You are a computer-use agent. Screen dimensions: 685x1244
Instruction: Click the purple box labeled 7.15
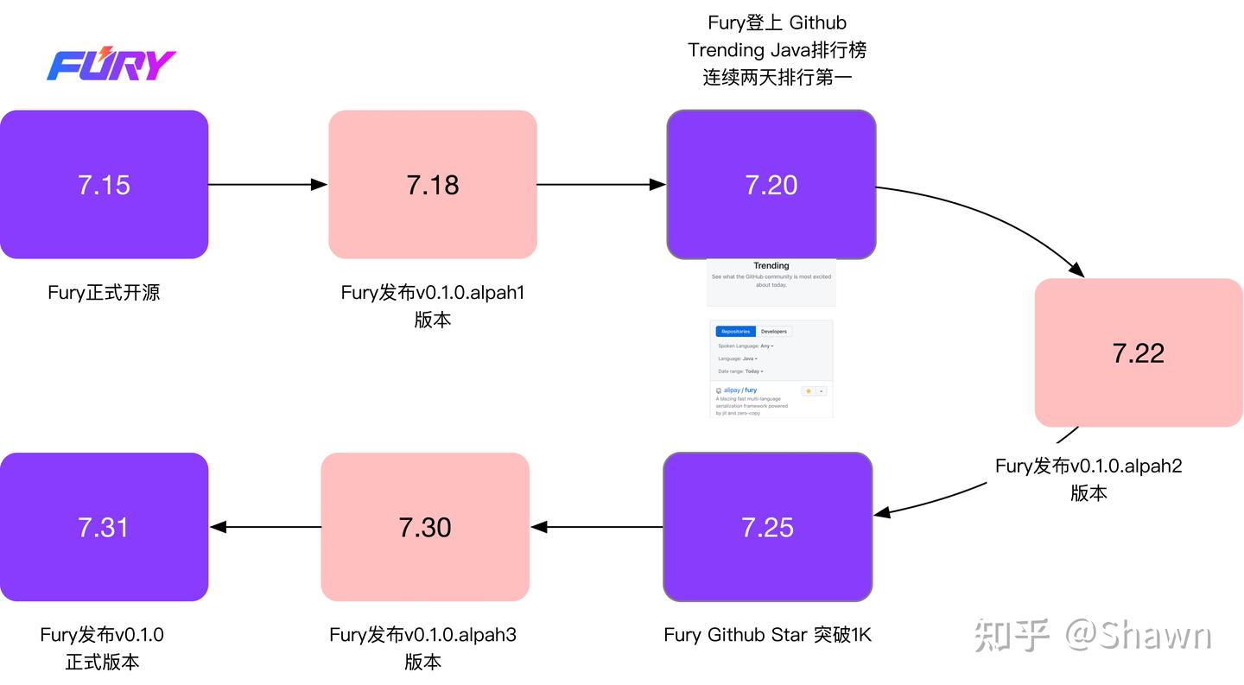point(104,184)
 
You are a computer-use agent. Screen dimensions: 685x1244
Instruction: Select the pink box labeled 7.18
point(432,184)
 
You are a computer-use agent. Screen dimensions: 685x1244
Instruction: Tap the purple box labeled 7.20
point(771,184)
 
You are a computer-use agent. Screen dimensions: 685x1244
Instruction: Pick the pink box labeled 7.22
point(1139,352)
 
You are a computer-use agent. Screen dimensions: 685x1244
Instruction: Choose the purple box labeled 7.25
point(767,527)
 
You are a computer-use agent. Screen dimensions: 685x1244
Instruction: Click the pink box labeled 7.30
point(424,527)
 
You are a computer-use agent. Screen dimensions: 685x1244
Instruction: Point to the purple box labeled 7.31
point(104,527)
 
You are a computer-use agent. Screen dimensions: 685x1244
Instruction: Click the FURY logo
point(111,65)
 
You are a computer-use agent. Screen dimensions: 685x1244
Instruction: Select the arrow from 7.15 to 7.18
point(268,184)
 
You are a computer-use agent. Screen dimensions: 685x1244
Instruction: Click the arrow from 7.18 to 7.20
point(600,184)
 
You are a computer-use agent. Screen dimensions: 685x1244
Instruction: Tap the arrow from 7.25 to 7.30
point(596,527)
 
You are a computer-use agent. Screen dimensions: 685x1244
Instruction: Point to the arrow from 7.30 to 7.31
point(264,527)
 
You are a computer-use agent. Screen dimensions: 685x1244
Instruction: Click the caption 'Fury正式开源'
point(104,293)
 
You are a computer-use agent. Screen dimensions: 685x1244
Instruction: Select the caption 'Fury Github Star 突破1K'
point(767,635)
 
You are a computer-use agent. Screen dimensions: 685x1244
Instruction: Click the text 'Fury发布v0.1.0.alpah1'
point(432,293)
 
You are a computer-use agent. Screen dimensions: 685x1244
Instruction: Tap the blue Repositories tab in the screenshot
point(735,332)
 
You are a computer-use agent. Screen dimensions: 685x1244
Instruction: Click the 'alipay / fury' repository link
point(739,390)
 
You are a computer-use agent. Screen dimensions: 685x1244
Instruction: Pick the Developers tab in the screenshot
point(773,332)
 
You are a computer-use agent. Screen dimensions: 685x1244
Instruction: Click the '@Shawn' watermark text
point(1139,636)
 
